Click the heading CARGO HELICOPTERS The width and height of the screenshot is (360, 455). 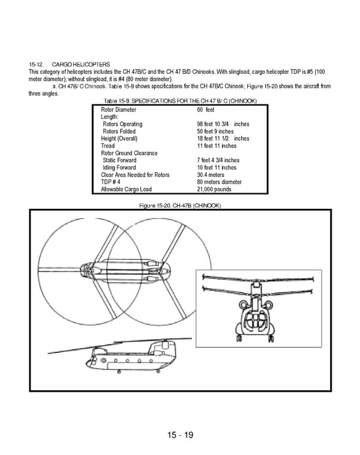(80, 64)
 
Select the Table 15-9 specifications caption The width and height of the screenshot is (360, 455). (180, 101)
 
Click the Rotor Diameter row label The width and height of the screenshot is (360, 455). (118, 110)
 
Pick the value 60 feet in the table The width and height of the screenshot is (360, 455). (206, 110)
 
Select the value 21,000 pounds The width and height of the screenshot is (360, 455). (214, 189)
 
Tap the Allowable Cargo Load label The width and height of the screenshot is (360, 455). (126, 189)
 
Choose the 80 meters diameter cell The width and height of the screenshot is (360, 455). (219, 182)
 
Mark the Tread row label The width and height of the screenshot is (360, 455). (107, 146)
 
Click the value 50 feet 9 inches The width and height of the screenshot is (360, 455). (215, 131)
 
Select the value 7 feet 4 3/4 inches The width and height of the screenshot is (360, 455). (218, 160)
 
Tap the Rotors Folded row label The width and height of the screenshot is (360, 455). (119, 131)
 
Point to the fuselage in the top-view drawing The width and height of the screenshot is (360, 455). (126, 272)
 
